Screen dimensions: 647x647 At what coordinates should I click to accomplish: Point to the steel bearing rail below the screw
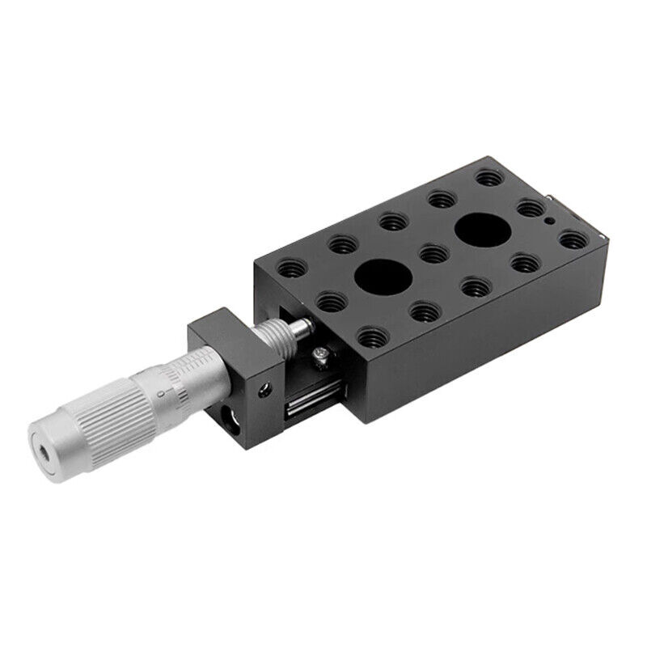coord(311,400)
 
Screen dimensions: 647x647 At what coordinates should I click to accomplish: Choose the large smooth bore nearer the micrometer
coord(383,277)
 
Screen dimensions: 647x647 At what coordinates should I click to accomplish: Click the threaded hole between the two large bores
coord(430,253)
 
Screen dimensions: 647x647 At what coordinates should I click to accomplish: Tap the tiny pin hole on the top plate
coord(549,220)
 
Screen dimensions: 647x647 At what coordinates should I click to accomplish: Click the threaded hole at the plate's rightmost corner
coord(571,239)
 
